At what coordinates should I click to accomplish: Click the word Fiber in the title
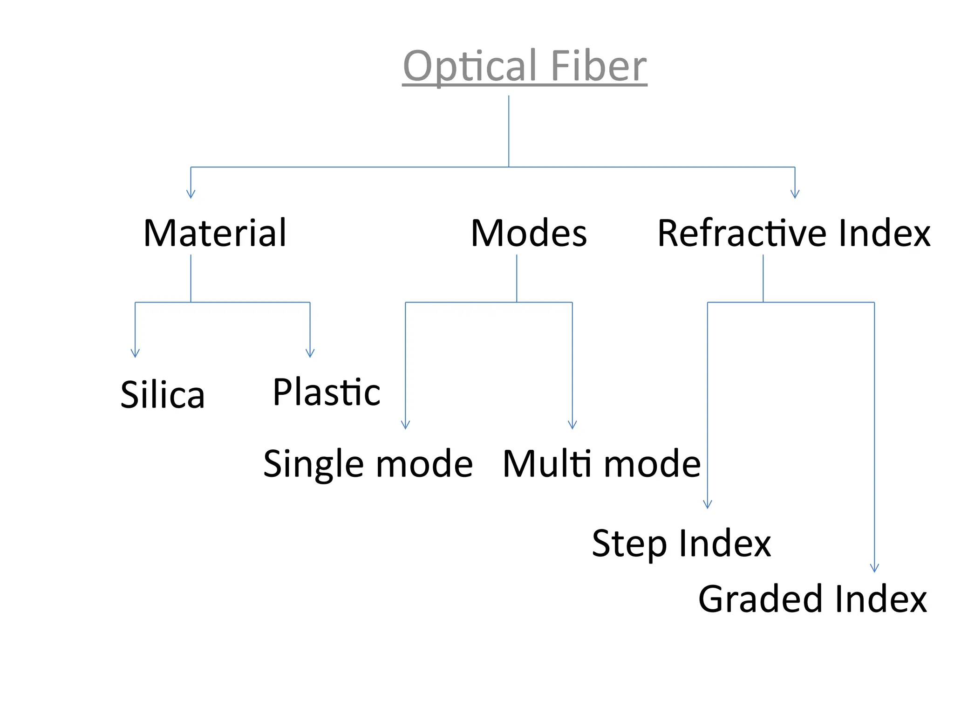click(x=598, y=66)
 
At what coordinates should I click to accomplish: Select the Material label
click(x=215, y=233)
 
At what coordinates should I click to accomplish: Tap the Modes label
click(x=529, y=233)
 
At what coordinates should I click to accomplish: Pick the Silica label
click(x=163, y=395)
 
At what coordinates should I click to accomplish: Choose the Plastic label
click(x=327, y=392)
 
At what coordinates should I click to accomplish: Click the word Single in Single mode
click(x=315, y=464)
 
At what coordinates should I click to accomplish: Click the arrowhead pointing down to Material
click(x=191, y=194)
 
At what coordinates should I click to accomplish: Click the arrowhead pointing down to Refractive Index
click(x=795, y=194)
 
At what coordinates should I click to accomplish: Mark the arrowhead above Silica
click(x=135, y=353)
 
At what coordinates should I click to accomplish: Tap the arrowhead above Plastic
click(x=310, y=353)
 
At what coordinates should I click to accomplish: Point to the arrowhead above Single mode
click(x=405, y=425)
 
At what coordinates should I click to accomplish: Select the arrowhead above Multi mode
click(x=572, y=425)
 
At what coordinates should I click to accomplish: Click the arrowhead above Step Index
click(x=707, y=504)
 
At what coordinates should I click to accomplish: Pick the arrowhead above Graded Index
click(x=874, y=568)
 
